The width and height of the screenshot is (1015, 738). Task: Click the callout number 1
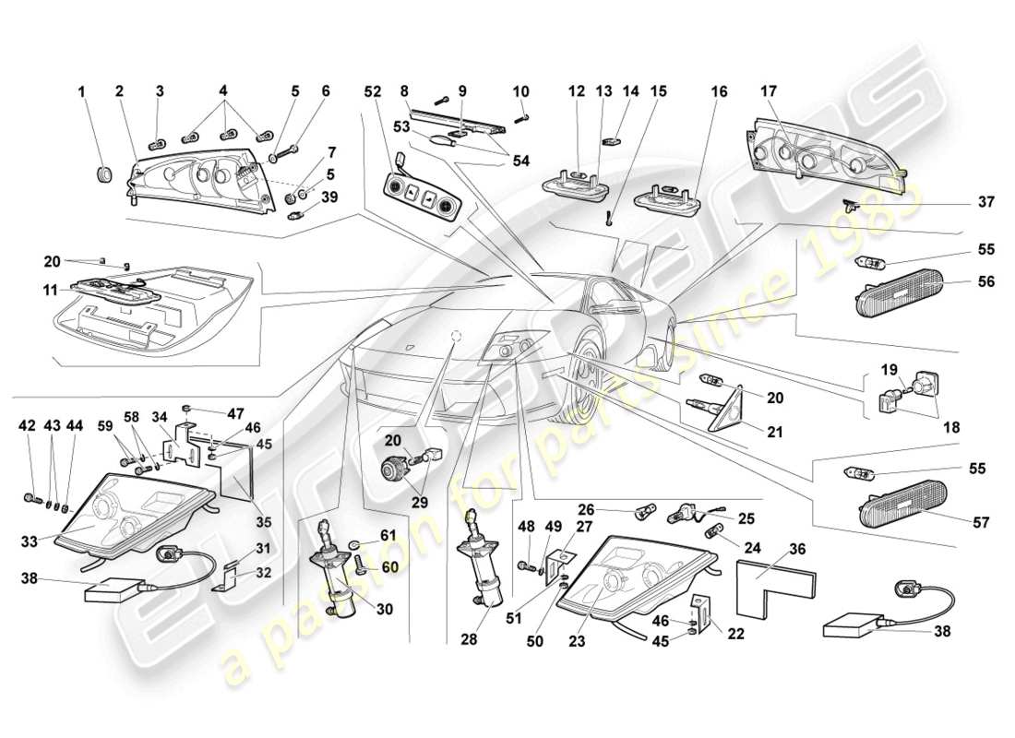(x=81, y=92)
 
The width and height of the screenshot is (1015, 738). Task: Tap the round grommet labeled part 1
(x=103, y=173)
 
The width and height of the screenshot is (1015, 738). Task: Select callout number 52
(x=371, y=92)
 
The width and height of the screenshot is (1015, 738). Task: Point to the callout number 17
(x=769, y=92)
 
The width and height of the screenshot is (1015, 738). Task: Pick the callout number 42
(x=27, y=426)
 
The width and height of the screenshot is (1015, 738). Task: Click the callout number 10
(x=520, y=92)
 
